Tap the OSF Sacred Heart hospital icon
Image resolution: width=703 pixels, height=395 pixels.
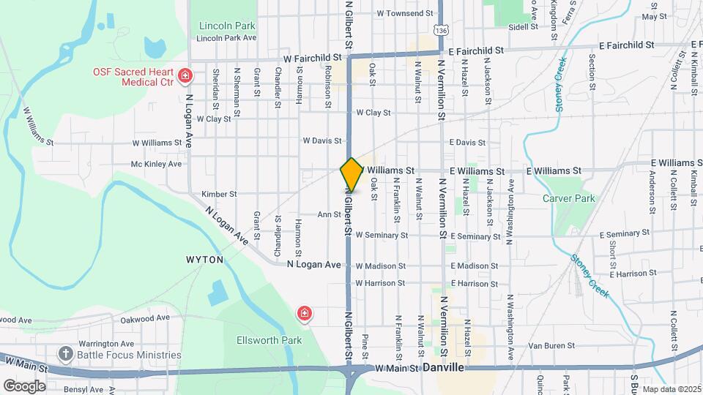(x=185, y=75)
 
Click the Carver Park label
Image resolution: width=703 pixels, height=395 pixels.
(x=568, y=198)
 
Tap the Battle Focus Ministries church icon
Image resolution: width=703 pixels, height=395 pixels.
(x=67, y=354)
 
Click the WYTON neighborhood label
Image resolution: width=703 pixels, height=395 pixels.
(x=204, y=260)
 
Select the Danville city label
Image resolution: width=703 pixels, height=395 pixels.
(x=443, y=368)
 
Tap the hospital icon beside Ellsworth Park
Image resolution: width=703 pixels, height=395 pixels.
(x=303, y=315)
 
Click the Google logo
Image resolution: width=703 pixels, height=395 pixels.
(x=23, y=385)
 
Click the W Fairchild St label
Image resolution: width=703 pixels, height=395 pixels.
(x=314, y=56)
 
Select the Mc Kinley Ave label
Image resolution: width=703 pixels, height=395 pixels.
(x=156, y=165)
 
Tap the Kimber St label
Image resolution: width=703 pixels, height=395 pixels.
(x=219, y=195)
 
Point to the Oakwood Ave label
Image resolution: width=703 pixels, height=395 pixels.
(x=145, y=318)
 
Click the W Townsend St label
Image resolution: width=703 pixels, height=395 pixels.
(x=404, y=14)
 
